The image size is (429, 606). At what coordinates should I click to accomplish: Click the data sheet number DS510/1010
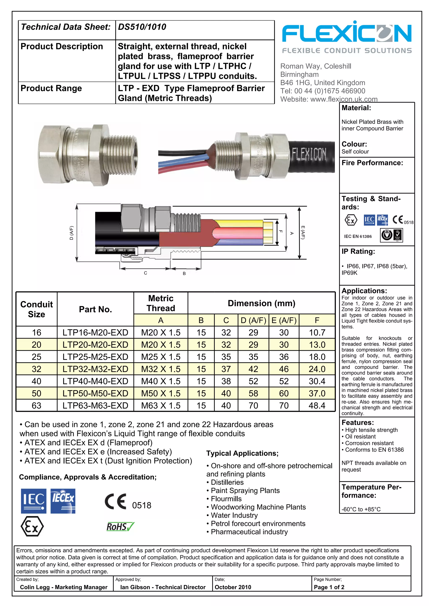[x=142, y=27]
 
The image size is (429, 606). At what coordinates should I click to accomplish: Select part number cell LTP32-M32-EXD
[x=95, y=369]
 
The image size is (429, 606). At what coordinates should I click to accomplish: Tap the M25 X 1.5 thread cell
[x=161, y=357]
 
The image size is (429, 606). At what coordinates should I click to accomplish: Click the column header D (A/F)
[x=253, y=320]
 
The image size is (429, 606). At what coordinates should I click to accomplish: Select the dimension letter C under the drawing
[x=145, y=273]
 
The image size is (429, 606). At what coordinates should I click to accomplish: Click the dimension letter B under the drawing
[x=184, y=273]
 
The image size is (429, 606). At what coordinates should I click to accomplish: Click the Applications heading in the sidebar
[x=364, y=291]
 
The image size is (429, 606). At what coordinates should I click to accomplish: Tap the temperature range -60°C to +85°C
[x=361, y=509]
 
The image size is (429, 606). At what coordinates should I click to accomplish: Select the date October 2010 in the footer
[x=233, y=587]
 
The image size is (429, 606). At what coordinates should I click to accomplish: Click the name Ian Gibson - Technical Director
[x=163, y=587]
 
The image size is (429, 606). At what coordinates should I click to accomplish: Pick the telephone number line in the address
[x=323, y=91]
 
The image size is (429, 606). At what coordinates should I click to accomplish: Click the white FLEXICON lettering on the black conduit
[x=309, y=154]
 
